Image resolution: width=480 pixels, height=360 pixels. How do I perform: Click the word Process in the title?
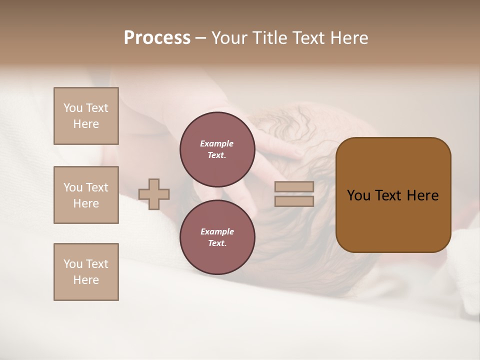[x=157, y=38]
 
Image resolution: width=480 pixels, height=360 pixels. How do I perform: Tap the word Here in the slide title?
[x=348, y=38]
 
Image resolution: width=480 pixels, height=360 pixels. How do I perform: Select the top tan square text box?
[x=86, y=116]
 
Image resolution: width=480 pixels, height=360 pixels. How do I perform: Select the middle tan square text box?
[x=86, y=195]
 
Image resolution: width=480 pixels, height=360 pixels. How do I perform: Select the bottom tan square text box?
[x=86, y=272]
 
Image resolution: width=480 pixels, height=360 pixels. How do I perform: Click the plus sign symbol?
[x=154, y=194]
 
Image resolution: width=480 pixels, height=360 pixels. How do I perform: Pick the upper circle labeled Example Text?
[x=217, y=149]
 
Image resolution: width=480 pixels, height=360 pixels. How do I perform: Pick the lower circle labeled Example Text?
[x=217, y=237]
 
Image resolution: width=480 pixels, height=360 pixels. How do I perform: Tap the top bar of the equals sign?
[x=294, y=186]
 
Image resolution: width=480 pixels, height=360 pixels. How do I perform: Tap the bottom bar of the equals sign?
[x=294, y=201]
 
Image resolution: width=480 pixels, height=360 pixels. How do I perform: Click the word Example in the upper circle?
[x=217, y=143]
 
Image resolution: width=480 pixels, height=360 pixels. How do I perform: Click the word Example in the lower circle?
[x=217, y=231]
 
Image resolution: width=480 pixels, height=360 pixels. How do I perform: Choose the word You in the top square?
[x=73, y=108]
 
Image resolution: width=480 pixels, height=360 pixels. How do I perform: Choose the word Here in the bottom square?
[x=86, y=280]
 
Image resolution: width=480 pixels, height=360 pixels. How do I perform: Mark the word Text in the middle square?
[x=97, y=187]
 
